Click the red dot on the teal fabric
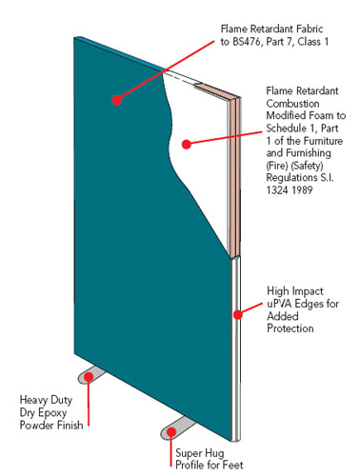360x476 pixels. tap(117, 100)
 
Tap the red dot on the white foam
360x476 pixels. tap(187, 145)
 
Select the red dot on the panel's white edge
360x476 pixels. tap(238, 314)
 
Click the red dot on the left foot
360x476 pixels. tap(89, 377)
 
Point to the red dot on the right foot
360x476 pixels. tap(171, 432)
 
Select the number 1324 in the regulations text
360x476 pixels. tap(277, 190)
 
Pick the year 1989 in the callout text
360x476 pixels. tap(302, 190)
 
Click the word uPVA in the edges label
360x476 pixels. tap(279, 304)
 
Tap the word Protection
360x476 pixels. tap(290, 328)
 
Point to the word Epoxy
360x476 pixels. tap(51, 413)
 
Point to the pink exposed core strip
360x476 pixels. tap(234, 174)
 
